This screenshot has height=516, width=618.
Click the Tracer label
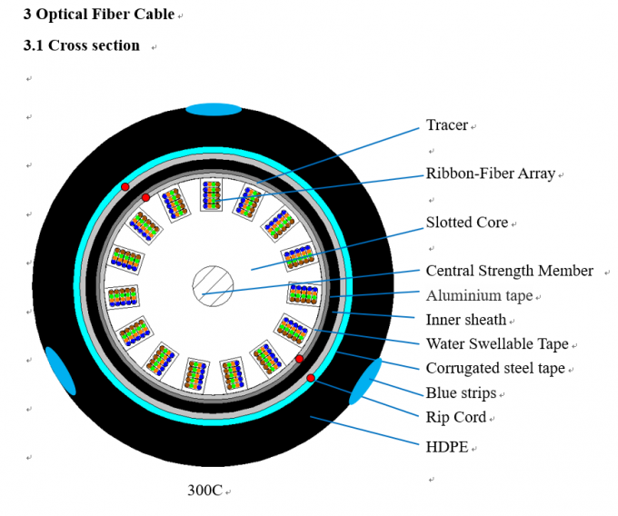point(446,125)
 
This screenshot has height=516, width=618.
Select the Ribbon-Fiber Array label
point(490,174)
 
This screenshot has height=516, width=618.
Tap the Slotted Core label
point(466,223)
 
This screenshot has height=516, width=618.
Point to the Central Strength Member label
point(509,271)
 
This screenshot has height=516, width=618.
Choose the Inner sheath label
point(466,320)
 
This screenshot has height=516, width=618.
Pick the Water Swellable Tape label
point(497,343)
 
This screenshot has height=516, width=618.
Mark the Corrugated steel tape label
point(495,368)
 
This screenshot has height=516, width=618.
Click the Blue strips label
point(461,393)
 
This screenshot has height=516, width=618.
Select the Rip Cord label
point(456,418)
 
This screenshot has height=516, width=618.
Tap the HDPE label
point(447,447)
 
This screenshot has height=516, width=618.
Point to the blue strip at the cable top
point(214,110)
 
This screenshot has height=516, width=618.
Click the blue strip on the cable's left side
point(60,371)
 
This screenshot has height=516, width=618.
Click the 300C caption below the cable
point(204,490)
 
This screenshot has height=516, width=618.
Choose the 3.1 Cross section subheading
point(81,45)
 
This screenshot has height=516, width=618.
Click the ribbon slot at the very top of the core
point(212,195)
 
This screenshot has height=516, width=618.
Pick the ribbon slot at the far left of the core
point(122,297)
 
